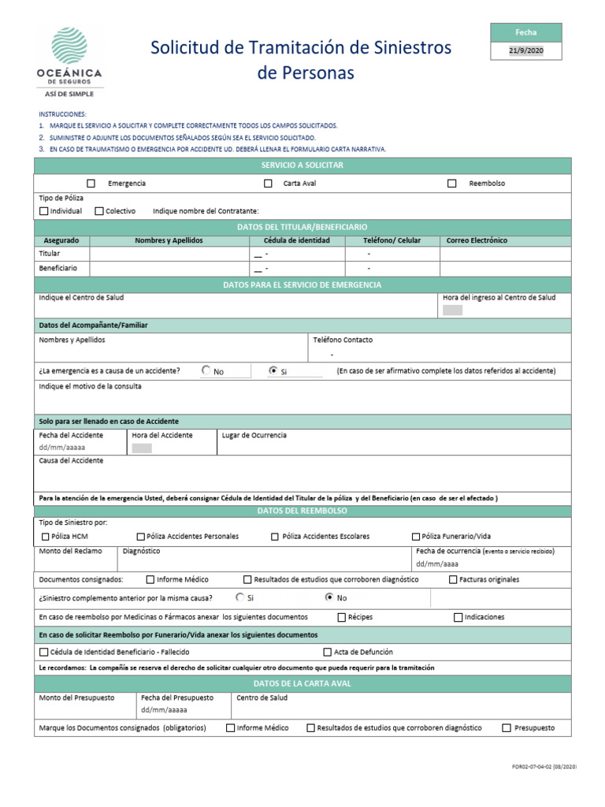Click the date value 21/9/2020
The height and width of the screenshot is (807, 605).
(525, 51)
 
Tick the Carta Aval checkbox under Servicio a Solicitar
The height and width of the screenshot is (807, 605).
(268, 184)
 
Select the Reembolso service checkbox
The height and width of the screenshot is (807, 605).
(452, 184)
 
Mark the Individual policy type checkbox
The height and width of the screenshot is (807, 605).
(43, 211)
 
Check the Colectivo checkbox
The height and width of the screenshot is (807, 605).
(99, 211)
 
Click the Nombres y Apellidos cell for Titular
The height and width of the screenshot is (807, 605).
(169, 255)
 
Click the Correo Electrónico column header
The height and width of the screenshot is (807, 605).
(477, 240)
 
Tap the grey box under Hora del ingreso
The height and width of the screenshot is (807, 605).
(453, 311)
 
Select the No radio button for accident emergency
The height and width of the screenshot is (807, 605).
(206, 370)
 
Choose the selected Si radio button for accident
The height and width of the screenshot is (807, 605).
(273, 370)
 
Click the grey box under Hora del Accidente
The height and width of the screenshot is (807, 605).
(142, 448)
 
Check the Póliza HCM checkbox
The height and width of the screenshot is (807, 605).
(44, 537)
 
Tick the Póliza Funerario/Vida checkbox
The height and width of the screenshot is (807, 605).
(416, 537)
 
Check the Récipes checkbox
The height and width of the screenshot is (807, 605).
(342, 618)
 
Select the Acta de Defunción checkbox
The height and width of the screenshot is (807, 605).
(328, 653)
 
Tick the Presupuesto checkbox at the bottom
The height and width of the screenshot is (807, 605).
(507, 728)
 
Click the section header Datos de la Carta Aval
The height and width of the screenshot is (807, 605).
(302, 683)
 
